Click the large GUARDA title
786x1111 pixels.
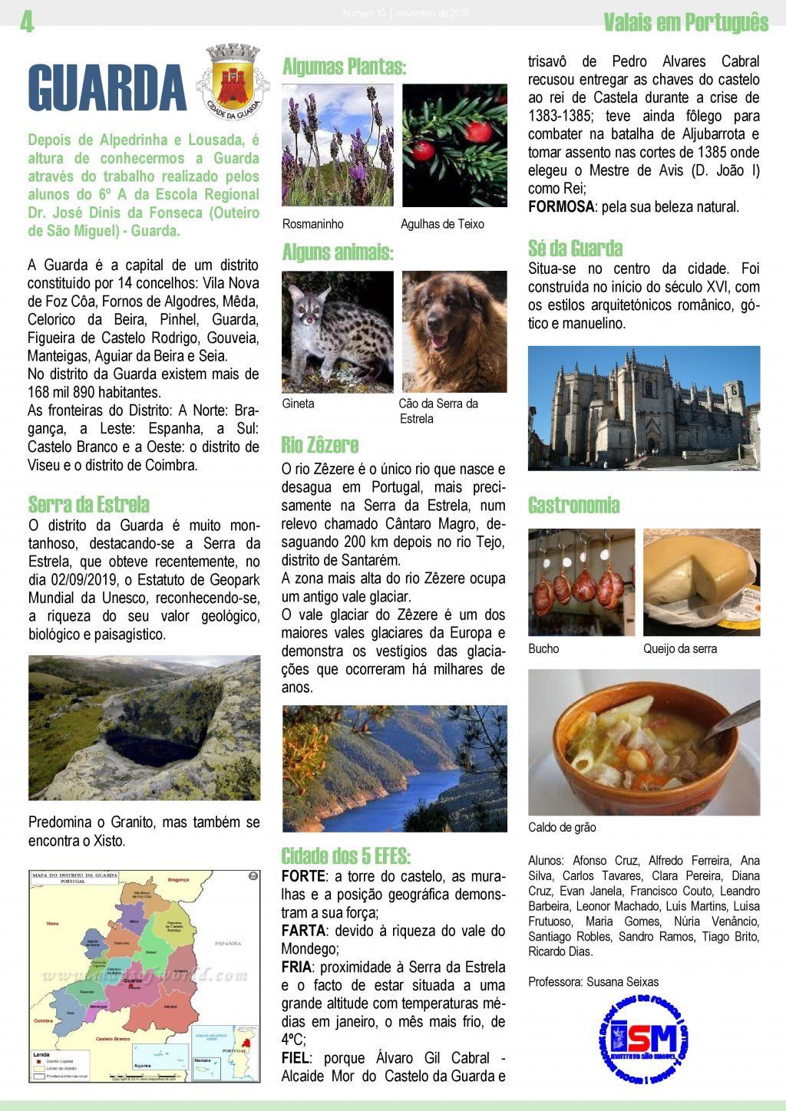click(107, 88)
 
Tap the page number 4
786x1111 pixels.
click(27, 24)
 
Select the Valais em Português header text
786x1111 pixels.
click(685, 23)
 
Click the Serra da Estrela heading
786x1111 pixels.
click(89, 505)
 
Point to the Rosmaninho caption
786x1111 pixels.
click(313, 224)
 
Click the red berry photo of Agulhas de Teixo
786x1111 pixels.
click(454, 146)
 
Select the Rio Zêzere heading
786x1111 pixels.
click(320, 445)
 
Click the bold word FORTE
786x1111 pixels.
click(303, 876)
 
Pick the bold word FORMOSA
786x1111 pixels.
click(561, 207)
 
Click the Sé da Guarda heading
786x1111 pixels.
click(575, 248)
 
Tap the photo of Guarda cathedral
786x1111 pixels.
click(643, 408)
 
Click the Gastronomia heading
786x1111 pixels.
click(573, 505)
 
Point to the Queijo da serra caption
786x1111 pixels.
click(680, 649)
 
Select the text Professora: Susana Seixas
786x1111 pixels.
click(593, 982)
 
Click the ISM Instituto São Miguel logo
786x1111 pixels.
click(643, 1038)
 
